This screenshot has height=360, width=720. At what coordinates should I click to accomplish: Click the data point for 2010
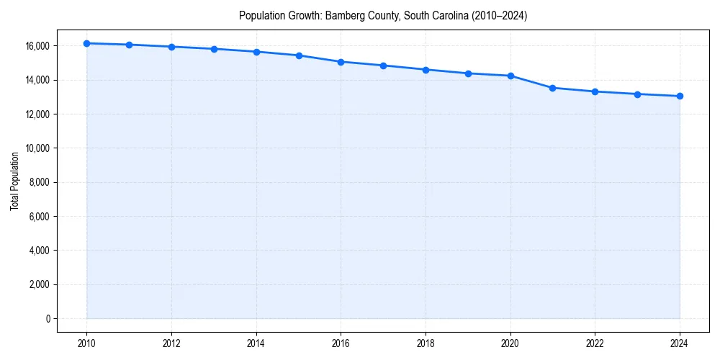click(x=87, y=43)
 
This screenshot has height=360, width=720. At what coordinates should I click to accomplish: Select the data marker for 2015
click(x=299, y=55)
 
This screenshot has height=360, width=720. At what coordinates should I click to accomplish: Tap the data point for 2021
click(x=552, y=88)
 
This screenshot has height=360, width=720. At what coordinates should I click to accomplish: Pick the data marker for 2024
click(x=680, y=96)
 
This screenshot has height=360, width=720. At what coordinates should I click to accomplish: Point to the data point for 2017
click(x=383, y=66)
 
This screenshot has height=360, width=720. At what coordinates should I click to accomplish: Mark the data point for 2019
click(x=468, y=73)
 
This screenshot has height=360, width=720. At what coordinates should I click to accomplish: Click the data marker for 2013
click(x=214, y=49)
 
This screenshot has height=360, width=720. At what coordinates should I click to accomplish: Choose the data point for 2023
click(x=637, y=94)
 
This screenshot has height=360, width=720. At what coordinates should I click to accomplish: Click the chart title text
click(x=383, y=16)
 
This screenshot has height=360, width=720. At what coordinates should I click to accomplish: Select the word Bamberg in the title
click(x=344, y=16)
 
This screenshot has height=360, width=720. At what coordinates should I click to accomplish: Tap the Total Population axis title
click(x=14, y=181)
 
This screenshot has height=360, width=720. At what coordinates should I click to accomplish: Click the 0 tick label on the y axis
click(x=47, y=319)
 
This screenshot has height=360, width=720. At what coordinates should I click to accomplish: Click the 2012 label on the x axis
click(x=171, y=343)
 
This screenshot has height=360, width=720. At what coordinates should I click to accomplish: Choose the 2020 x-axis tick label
click(x=510, y=343)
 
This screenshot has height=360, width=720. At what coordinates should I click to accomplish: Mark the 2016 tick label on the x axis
click(x=341, y=343)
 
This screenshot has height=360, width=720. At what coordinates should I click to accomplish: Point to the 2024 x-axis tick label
click(x=680, y=343)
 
